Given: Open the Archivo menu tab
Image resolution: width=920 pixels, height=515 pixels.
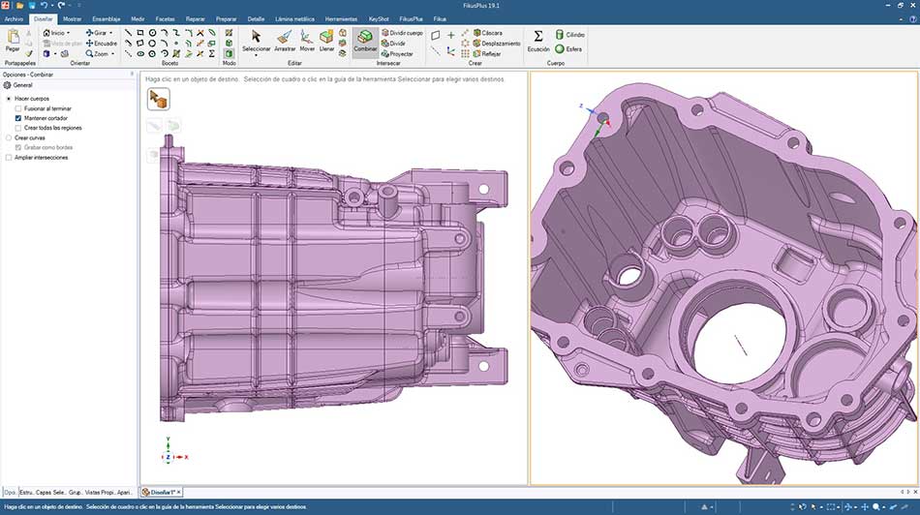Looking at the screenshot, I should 14,18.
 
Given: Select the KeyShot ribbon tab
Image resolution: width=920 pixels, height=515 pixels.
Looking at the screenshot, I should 371,18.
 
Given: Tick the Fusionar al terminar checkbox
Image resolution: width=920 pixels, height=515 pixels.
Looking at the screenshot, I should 18,108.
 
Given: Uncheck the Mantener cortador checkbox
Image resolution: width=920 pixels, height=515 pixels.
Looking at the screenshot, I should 18,118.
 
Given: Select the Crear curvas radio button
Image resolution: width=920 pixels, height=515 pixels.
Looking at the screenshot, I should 9,137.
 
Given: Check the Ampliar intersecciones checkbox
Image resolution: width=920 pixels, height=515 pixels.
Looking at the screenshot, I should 9,157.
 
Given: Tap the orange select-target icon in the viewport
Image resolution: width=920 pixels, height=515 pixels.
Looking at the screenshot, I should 159,99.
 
